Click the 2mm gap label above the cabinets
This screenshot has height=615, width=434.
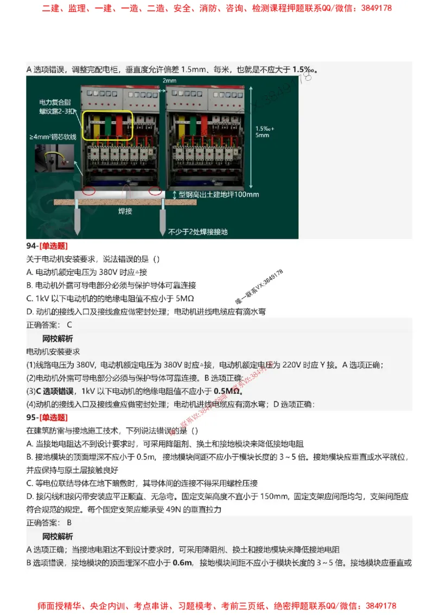(169, 80)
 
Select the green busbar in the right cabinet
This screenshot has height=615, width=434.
(193, 126)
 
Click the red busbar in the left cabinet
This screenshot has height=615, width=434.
(118, 126)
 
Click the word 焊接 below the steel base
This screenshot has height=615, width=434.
(125, 211)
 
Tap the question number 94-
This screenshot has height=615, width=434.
(31, 246)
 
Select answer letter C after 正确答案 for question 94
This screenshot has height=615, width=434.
(69, 325)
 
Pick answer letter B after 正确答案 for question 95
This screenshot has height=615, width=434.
(69, 523)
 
